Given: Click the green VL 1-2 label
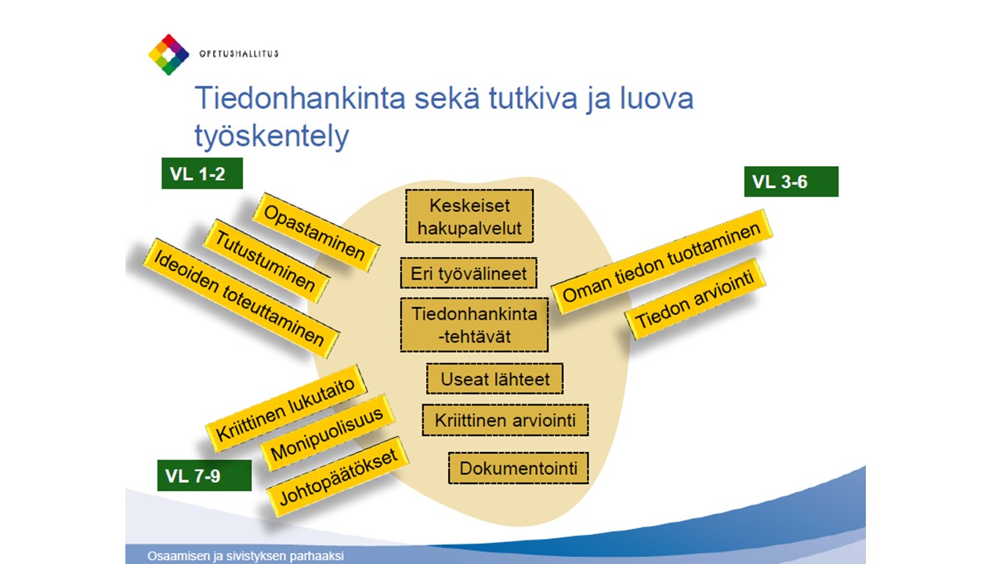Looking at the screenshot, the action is pos(202,173).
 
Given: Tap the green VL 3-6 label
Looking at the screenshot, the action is pos(791,181).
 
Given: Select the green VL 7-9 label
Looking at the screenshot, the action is pos(205,475).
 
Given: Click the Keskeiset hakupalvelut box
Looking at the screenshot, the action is pos(469,216).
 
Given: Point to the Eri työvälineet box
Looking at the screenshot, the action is pos(469,273).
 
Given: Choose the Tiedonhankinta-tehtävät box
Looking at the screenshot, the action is pos(474,324).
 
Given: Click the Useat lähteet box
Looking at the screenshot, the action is pos(494,378).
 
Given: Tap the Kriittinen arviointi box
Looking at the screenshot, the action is pos(505,420).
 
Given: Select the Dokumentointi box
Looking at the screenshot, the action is pos(519,468).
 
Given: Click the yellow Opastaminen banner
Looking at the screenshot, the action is pos(316,233).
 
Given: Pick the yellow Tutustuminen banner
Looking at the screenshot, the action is pos(266,261).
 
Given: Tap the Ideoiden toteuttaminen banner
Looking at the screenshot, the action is pos(241,298).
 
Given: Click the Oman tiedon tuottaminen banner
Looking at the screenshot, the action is pos(662,262).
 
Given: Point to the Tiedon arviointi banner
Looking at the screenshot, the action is pos(695,298).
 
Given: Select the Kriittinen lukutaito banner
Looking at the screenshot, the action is pos(286,408).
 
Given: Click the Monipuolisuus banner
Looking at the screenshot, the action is pos(328,432).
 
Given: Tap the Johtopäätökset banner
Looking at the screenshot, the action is pos(338,476).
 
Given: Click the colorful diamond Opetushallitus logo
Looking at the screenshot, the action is pos(168,55).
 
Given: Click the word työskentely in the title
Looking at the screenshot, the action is pos(271,136).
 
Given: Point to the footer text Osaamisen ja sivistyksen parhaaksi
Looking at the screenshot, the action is pos(245,556).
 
